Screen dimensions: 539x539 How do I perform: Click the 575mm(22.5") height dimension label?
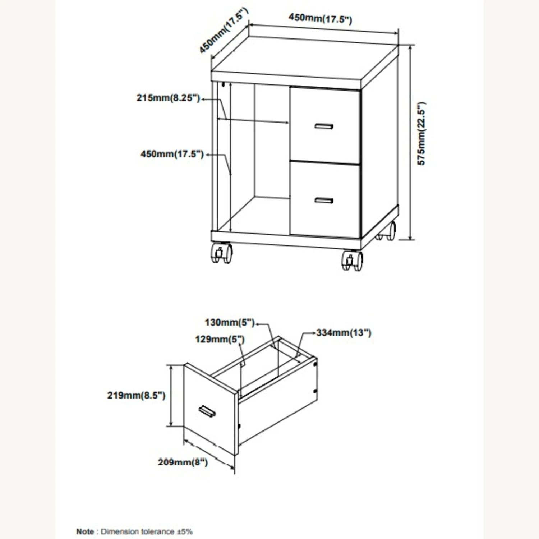pos(421,134)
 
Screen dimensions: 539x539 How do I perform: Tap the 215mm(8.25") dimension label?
pos(168,98)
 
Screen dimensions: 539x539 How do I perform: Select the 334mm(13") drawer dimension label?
pos(344,333)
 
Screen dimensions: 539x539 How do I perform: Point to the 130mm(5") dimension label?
pos(230,322)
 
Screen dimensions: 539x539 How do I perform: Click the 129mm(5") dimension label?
pos(220,339)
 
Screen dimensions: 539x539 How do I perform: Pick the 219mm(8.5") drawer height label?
pos(136,395)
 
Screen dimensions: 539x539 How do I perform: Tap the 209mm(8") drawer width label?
pos(183,462)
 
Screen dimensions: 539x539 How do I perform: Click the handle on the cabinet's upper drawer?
pos(324,126)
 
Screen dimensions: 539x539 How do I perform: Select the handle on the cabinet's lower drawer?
pos(324,201)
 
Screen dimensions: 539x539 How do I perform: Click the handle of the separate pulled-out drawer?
pos(207,412)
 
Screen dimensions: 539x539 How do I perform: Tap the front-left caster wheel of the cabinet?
pos(221,253)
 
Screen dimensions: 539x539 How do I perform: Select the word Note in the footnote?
pos(85,531)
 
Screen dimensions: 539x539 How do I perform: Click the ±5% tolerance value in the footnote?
pos(184,531)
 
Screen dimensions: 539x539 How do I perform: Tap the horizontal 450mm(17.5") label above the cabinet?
pos(320,18)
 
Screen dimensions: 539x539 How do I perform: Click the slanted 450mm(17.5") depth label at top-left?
pos(224,31)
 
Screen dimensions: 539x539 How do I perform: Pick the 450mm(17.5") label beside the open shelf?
pos(172,154)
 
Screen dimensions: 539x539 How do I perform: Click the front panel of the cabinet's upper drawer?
pos(325,125)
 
